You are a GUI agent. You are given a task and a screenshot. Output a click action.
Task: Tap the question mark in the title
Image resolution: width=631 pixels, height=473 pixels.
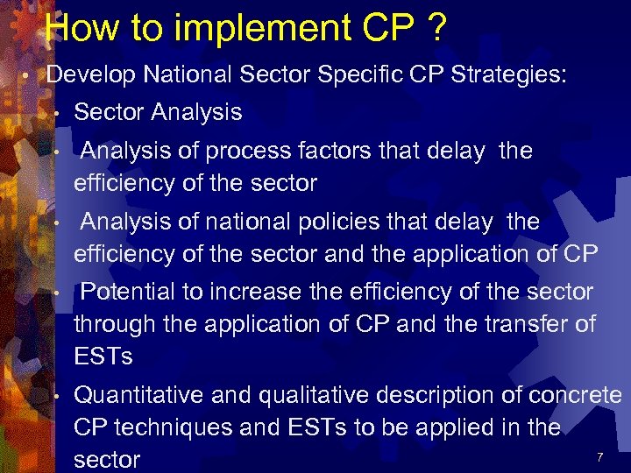pyautogui.click(x=435, y=28)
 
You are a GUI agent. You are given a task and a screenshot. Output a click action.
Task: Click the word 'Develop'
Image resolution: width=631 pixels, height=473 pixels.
pyautogui.click(x=91, y=76)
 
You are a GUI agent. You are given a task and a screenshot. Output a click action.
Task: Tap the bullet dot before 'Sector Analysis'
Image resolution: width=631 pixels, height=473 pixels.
pyautogui.click(x=55, y=113)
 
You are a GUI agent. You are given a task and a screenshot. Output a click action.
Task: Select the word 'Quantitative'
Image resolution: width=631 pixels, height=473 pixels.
pyautogui.click(x=138, y=395)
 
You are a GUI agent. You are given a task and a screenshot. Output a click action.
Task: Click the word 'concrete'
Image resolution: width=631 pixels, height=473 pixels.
pyautogui.click(x=574, y=395)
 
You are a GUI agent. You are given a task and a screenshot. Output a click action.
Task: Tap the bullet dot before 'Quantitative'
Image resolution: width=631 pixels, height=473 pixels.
pyautogui.click(x=55, y=396)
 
